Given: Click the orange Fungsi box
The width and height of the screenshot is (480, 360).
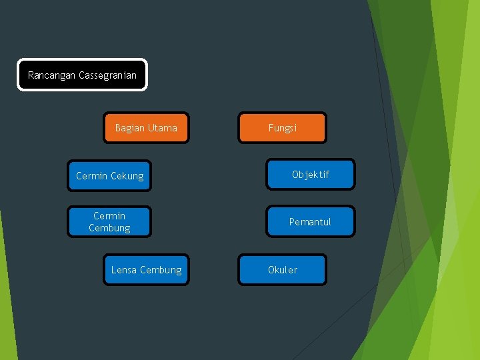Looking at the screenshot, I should pyautogui.click(x=283, y=127).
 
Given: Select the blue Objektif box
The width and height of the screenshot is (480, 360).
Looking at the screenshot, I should pyautogui.click(x=311, y=175).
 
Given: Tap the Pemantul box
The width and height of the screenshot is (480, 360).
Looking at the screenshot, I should pyautogui.click(x=310, y=221).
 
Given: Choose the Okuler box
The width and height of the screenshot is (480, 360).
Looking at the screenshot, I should pyautogui.click(x=283, y=270).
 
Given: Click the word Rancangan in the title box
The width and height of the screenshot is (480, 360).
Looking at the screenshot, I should pyautogui.click(x=52, y=75).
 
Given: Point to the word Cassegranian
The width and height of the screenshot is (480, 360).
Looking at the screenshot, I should pyautogui.click(x=107, y=75).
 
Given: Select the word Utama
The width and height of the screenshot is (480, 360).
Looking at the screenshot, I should pyautogui.click(x=163, y=128).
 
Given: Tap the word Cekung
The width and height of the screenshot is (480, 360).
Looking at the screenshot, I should pyautogui.click(x=127, y=176).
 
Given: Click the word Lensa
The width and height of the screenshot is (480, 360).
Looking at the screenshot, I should pyautogui.click(x=123, y=270).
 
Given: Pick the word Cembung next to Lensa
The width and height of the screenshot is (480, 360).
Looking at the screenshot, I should pyautogui.click(x=160, y=270).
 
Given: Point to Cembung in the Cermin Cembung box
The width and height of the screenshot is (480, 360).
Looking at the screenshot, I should pyautogui.click(x=109, y=228).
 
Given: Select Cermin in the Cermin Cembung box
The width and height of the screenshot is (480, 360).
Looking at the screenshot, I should pyautogui.click(x=109, y=216).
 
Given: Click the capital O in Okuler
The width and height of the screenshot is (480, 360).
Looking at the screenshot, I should pyautogui.click(x=271, y=270).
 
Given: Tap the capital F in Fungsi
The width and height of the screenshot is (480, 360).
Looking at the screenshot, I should pyautogui.click(x=271, y=128).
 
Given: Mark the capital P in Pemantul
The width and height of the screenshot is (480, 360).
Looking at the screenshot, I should pyautogui.click(x=291, y=222).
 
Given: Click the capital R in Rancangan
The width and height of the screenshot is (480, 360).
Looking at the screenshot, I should pyautogui.click(x=31, y=75).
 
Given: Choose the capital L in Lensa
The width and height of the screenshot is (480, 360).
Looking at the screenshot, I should pyautogui.click(x=113, y=270).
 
